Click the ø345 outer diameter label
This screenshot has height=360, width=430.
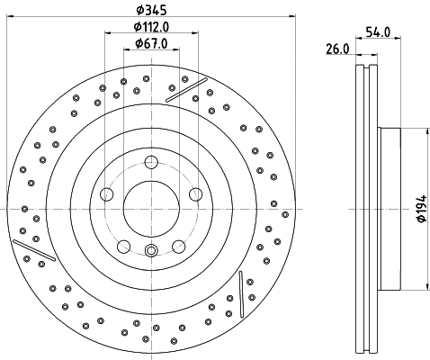click(149, 10)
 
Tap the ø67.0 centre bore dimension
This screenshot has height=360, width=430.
click(149, 43)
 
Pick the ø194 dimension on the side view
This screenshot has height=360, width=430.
click(421, 210)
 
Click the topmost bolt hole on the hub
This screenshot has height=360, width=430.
click(151, 162)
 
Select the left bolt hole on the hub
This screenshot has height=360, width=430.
click(107, 193)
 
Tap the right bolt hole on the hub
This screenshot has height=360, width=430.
click(194, 193)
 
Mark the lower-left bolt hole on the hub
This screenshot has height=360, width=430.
click(124, 245)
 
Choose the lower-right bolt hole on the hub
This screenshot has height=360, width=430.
click(178, 245)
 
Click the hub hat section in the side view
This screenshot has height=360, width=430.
click(389, 209)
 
